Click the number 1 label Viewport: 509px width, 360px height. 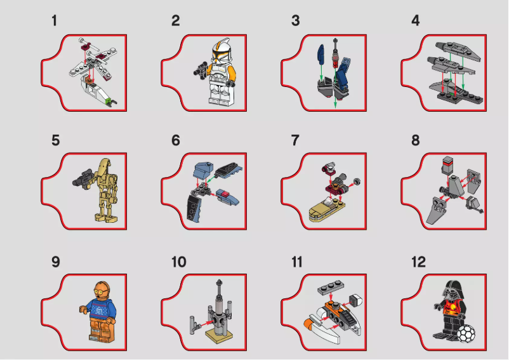coord(55,21)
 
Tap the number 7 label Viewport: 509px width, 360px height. coord(295,140)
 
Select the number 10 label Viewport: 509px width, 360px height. coord(178,262)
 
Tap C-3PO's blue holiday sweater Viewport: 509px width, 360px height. coord(96,310)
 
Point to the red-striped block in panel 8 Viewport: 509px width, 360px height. coord(446,167)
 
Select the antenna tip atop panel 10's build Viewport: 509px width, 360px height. coord(219,281)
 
